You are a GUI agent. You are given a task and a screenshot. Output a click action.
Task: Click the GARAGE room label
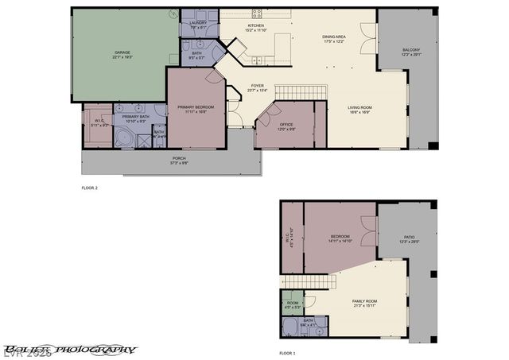[122, 53]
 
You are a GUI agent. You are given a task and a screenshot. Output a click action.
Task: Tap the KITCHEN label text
[255, 26]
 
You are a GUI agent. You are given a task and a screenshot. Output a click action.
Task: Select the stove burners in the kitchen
[257, 13]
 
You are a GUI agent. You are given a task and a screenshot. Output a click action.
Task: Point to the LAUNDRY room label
[198, 23]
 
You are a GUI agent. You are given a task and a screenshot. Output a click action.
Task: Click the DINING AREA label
[333, 37]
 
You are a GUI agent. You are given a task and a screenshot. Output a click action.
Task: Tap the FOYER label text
[257, 85]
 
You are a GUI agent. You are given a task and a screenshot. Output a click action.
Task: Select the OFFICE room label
[286, 125]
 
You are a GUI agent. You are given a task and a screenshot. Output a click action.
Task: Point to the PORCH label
[179, 159]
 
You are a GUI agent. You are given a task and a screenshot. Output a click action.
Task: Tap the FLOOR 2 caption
[89, 188]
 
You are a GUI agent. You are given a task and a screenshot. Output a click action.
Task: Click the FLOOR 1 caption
[287, 352]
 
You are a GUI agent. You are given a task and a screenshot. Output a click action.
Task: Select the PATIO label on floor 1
[410, 237]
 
